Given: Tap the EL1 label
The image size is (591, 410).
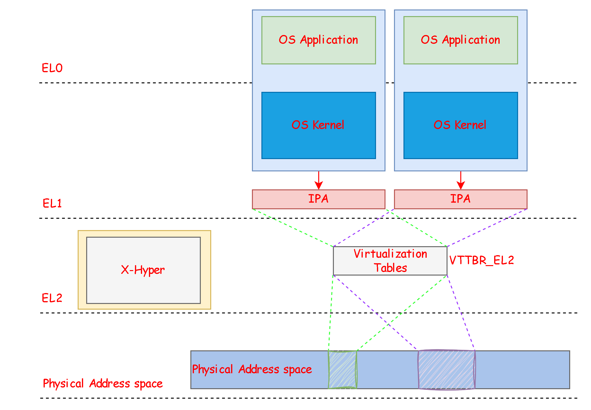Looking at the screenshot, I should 52,203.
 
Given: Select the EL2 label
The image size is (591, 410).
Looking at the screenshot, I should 52,298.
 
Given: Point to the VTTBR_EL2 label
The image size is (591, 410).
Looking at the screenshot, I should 482,260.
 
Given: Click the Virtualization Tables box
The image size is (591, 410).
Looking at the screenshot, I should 390,261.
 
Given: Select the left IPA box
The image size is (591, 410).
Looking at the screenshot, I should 318,199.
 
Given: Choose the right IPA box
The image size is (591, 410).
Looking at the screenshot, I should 461,199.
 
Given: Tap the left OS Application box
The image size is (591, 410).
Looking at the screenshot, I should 318,40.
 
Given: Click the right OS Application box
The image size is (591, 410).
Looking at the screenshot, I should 461,40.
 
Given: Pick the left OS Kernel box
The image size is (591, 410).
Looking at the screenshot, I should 318,125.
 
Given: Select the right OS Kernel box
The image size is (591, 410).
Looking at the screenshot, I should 461,125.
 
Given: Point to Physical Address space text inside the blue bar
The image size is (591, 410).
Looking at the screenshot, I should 252,370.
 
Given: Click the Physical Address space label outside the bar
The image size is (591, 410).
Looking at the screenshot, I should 103,383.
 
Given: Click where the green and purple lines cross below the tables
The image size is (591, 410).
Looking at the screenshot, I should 389,324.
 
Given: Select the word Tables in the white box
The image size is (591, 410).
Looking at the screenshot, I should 390,268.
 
